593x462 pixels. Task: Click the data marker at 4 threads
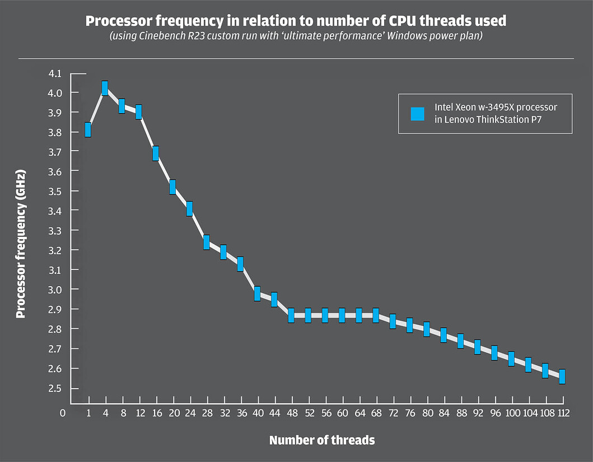coord(105,88)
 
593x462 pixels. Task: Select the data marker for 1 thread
coord(88,129)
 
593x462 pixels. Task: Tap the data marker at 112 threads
coord(562,376)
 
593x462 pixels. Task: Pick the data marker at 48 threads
coord(291,315)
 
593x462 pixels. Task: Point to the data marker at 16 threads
coord(156,153)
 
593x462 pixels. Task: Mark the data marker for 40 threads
coord(257,293)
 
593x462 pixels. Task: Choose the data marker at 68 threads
coord(376,315)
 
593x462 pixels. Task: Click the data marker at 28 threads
coord(207,242)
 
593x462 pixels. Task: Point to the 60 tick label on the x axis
coord(342,413)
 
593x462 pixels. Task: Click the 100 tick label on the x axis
coord(511,413)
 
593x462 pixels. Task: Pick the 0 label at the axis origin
coord(63,413)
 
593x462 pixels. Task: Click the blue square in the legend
coord(418,114)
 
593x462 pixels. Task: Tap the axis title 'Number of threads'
coord(322,440)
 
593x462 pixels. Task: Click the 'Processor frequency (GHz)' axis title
coord(21,245)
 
